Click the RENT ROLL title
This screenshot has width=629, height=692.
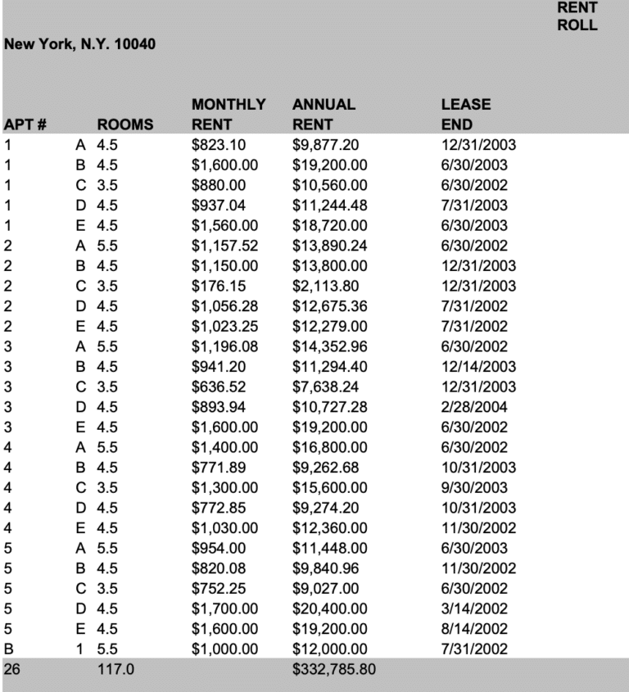(577, 16)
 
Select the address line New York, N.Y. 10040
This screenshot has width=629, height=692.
(80, 43)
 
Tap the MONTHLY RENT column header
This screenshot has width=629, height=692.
(229, 115)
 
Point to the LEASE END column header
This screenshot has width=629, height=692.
(466, 115)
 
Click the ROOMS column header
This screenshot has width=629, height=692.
(125, 126)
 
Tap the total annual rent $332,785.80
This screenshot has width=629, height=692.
(335, 670)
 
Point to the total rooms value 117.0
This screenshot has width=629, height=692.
(115, 670)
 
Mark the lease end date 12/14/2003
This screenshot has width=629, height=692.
(479, 367)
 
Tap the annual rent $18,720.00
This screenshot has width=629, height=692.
(330, 225)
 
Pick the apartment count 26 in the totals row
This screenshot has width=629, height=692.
(11, 670)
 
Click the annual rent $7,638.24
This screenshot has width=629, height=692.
(327, 387)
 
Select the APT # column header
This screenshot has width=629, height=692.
(25, 126)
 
